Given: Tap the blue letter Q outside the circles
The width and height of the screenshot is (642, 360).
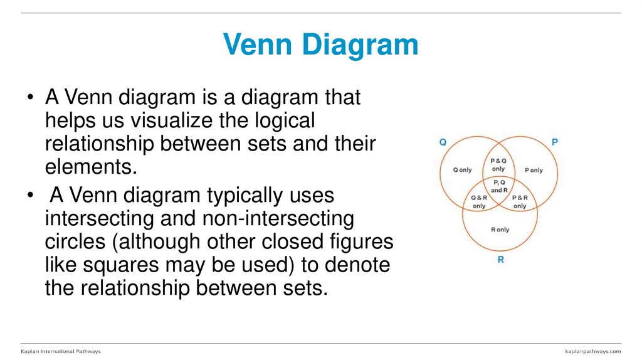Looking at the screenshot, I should [x=443, y=142].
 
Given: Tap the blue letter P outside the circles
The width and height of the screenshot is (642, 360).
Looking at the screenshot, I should [x=554, y=142].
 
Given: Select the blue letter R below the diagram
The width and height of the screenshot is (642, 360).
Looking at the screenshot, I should [x=500, y=259].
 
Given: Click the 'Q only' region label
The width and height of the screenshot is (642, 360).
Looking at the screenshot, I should [x=462, y=170].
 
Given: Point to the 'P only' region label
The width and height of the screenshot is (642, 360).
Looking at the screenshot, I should [x=534, y=170].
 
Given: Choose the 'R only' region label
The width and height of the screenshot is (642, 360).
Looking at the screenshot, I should [x=500, y=230].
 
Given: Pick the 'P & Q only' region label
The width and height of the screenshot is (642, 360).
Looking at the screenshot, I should [x=498, y=164].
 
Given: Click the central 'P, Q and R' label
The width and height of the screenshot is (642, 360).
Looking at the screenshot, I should [x=499, y=186].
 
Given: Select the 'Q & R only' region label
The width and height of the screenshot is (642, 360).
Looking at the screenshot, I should [x=478, y=202].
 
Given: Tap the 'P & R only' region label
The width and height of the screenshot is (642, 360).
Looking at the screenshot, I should [x=520, y=202].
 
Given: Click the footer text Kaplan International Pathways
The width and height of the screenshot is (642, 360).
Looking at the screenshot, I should [x=61, y=351].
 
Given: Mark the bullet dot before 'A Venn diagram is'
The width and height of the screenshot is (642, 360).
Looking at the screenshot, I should [x=31, y=98].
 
